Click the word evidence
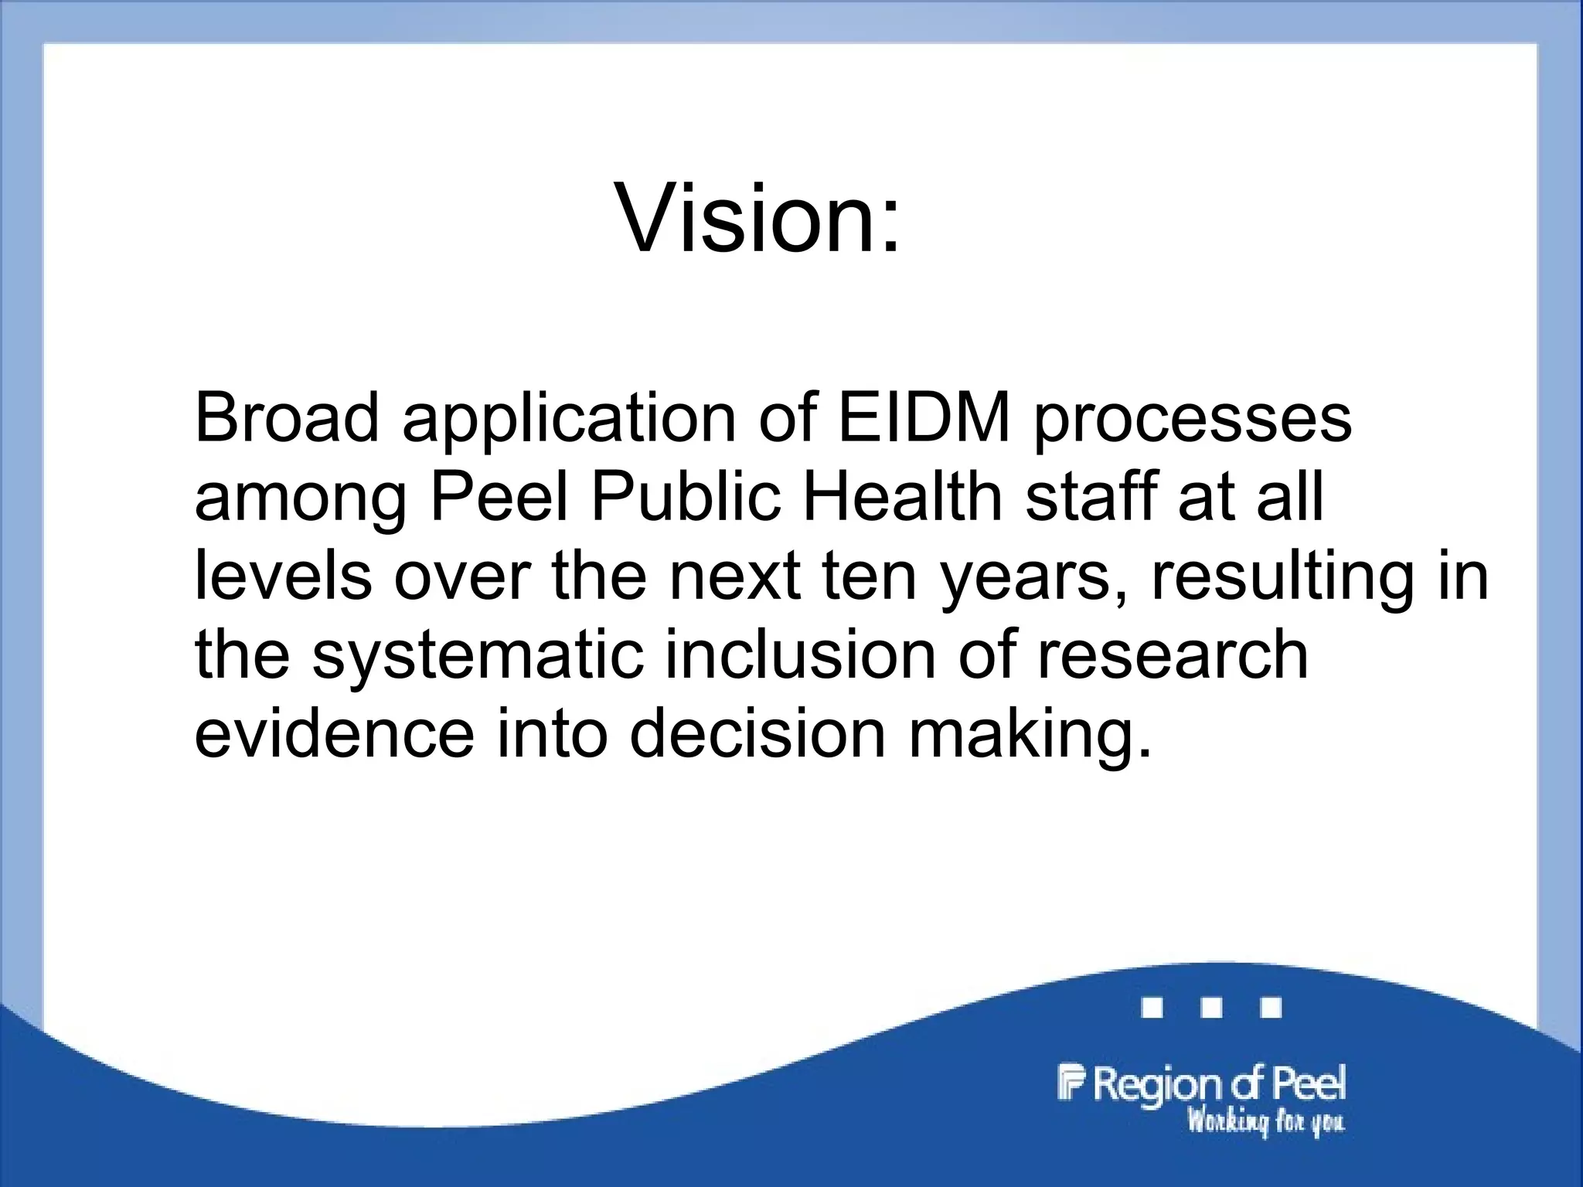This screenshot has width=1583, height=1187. (x=334, y=733)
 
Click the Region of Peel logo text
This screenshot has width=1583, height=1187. (x=1203, y=1085)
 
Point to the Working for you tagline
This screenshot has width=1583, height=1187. (x=1265, y=1121)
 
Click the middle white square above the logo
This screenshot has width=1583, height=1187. (x=1212, y=1008)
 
